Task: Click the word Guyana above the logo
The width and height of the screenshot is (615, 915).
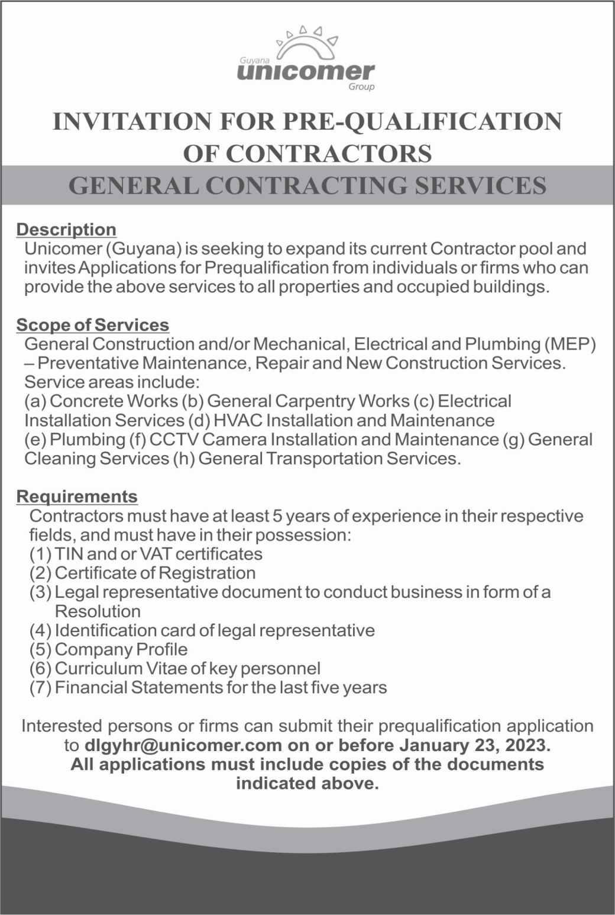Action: (254, 60)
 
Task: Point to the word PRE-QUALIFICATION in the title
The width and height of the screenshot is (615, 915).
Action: (425, 122)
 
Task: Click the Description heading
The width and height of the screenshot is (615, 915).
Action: (66, 229)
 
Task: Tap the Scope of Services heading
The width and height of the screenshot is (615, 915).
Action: (93, 325)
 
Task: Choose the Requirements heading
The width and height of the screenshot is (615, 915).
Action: (77, 496)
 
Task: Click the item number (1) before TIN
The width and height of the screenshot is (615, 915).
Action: (40, 554)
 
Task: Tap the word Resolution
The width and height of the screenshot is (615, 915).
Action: (98, 611)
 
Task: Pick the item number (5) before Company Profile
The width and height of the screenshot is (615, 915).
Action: (40, 649)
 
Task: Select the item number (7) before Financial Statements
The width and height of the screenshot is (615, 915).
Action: (40, 687)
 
